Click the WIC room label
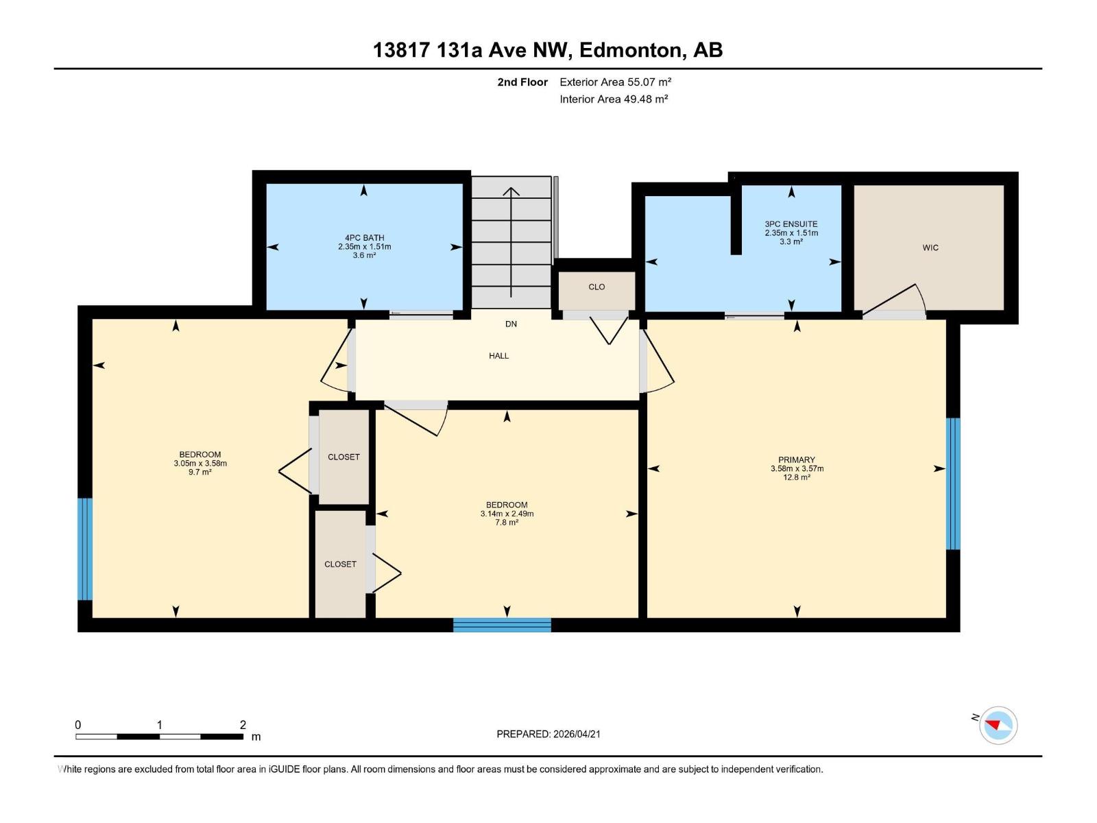coord(930,248)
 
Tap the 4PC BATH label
coord(364,238)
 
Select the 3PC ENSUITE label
coord(791,224)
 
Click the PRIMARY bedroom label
coord(797,460)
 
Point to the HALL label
coord(499,356)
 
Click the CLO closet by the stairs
coord(596,287)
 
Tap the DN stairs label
coord(511,324)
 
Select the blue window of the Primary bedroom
coord(953,484)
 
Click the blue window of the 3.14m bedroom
coord(502,625)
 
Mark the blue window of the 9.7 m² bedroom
coord(84,549)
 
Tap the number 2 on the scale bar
coord(243,725)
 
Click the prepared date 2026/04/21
coord(575,734)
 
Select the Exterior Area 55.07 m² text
coord(615,82)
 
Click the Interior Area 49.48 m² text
coord(614,99)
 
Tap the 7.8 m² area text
coord(507,523)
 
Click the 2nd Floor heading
coord(522,82)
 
